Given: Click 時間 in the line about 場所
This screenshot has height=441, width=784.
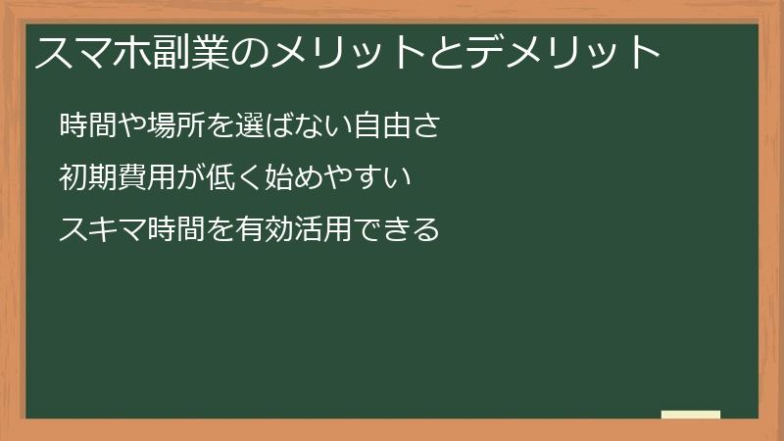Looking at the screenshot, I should (x=89, y=126).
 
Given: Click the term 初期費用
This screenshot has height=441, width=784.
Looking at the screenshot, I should (x=118, y=178).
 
